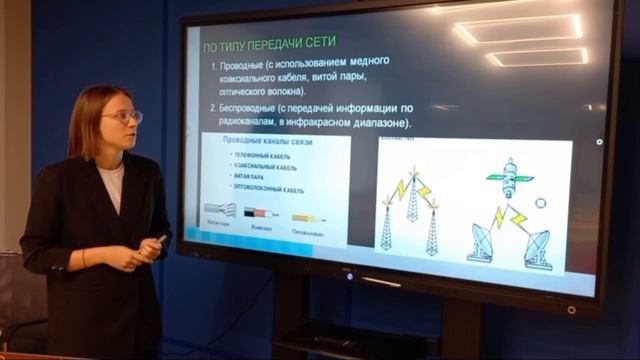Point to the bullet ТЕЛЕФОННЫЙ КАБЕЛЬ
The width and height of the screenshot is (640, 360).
[265, 156]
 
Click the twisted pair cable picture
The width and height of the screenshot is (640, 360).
[221, 211]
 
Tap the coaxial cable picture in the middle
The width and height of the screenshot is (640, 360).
[265, 213]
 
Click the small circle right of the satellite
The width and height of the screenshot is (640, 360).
[540, 203]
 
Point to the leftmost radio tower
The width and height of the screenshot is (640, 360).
[386, 225]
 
